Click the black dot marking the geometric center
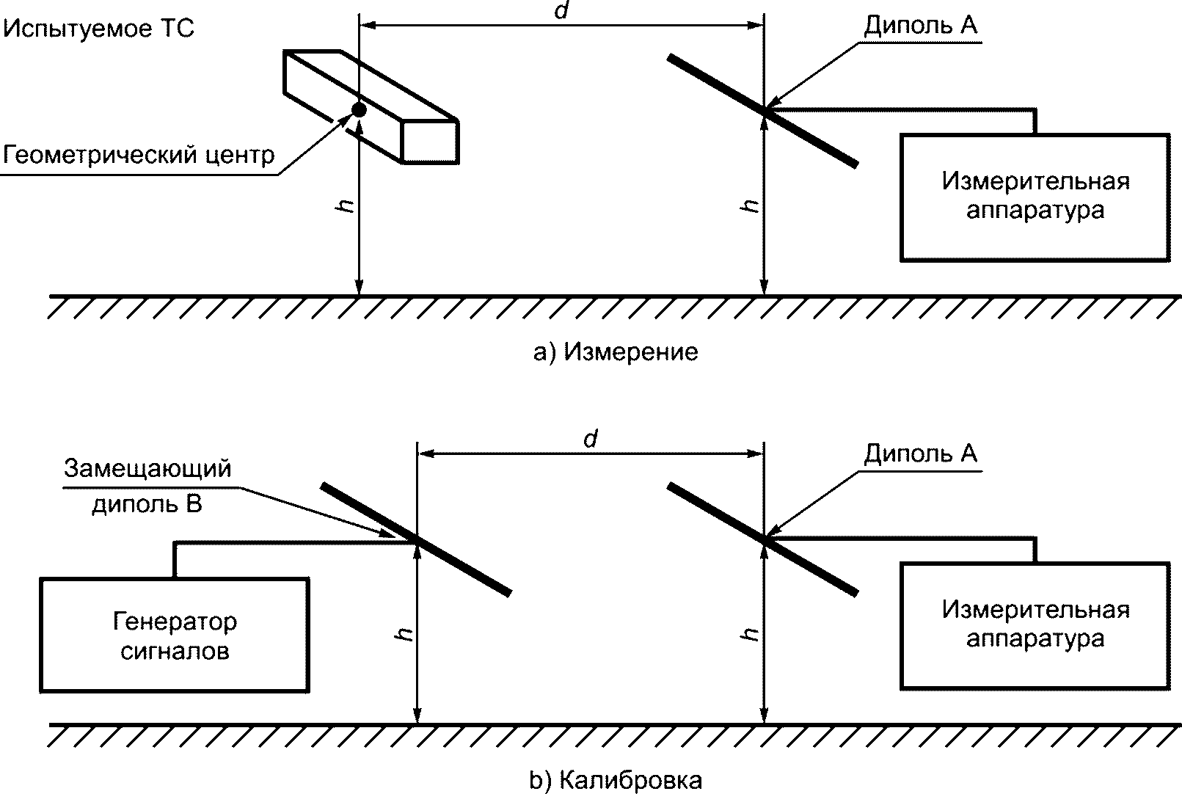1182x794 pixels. (359, 109)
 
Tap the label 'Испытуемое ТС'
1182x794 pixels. (99, 29)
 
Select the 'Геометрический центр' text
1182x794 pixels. (139, 155)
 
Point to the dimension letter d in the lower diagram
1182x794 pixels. (591, 440)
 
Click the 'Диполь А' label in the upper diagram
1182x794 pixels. (920, 26)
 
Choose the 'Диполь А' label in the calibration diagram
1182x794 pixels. (920, 454)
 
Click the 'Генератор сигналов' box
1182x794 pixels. (175, 635)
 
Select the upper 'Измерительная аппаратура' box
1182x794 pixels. (1035, 197)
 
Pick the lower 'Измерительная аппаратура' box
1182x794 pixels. (1035, 625)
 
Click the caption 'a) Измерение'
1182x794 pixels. (616, 353)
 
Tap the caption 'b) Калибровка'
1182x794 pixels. (616, 781)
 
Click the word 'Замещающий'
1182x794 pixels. (147, 469)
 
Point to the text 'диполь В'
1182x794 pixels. (147, 505)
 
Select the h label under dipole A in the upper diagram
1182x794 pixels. (750, 206)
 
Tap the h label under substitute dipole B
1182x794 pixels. (404, 635)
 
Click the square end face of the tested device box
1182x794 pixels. (430, 141)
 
